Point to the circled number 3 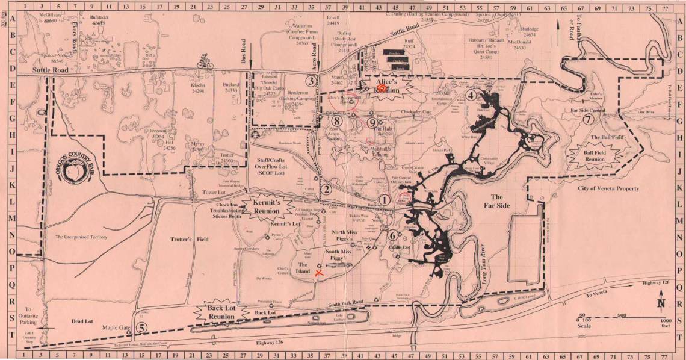pos(311,81)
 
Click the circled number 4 pos(471,95)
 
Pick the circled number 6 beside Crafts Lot pos(392,236)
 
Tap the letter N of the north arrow pos(661,304)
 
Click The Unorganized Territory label pos(81,237)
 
